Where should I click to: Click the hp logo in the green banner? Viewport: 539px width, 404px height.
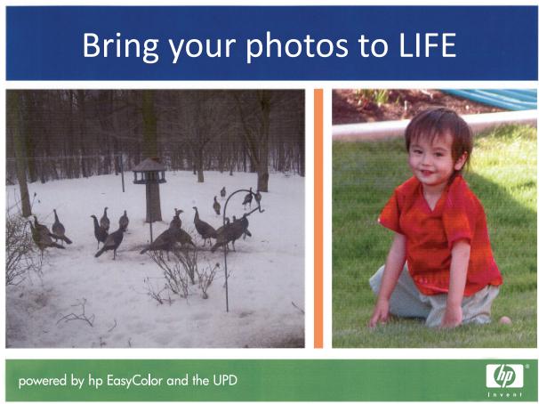click(504, 376)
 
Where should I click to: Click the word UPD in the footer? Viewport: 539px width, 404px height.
click(225, 380)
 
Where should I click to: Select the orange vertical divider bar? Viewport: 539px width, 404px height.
click(318, 218)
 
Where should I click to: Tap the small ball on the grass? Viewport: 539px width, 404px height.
click(505, 320)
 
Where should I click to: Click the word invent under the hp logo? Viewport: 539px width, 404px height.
click(505, 395)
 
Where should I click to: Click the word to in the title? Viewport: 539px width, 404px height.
click(374, 47)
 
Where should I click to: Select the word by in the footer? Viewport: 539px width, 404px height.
click(77, 381)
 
